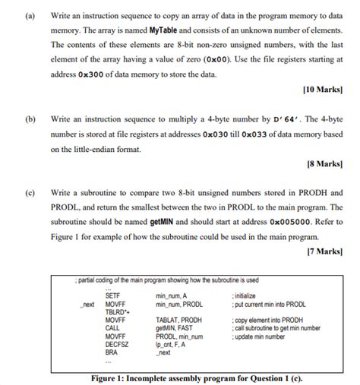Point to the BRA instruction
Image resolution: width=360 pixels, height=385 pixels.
[111, 352]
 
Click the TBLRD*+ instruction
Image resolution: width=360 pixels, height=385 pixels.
[116, 311]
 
